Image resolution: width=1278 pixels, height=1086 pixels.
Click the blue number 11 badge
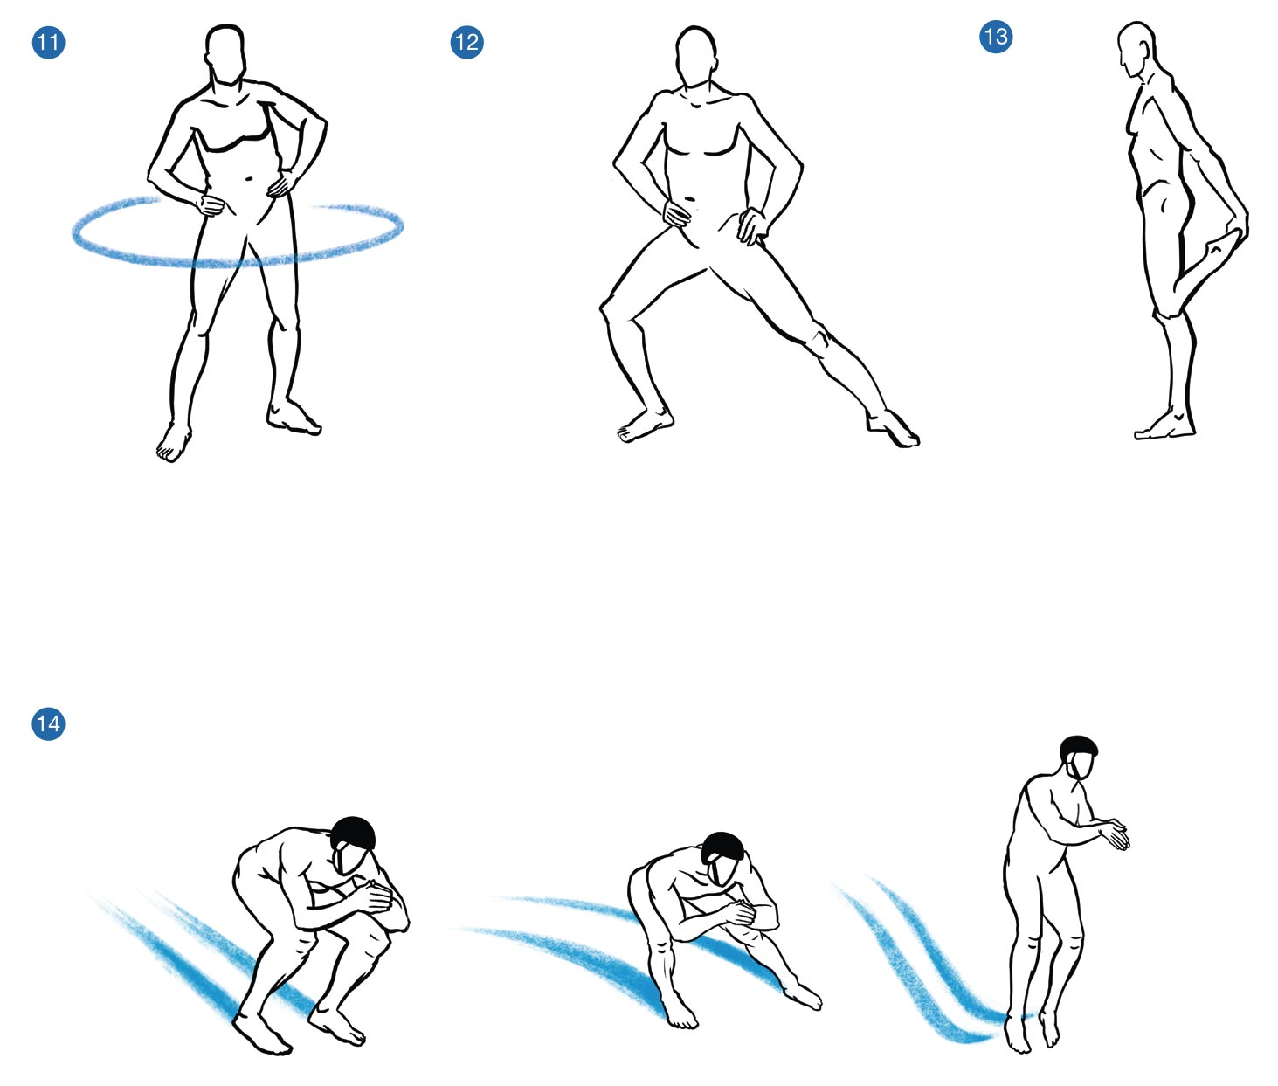(48, 42)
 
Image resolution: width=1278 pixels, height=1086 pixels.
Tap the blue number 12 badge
(466, 42)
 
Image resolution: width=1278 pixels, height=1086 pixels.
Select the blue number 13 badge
(996, 37)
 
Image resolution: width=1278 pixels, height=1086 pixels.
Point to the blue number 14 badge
(48, 723)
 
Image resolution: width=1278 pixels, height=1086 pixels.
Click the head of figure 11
(225, 54)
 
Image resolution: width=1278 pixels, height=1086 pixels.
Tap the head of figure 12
(696, 57)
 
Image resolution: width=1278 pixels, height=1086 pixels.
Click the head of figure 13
(1136, 50)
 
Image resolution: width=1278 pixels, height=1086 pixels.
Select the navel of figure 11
(249, 179)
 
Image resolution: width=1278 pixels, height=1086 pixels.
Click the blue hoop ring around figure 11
(238, 262)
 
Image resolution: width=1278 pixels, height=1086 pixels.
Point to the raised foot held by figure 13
(1215, 253)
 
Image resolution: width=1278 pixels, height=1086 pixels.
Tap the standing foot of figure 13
(1164, 425)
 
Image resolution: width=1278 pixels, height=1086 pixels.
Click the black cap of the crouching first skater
(353, 833)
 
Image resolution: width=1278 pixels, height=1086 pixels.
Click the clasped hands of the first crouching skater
(375, 896)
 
